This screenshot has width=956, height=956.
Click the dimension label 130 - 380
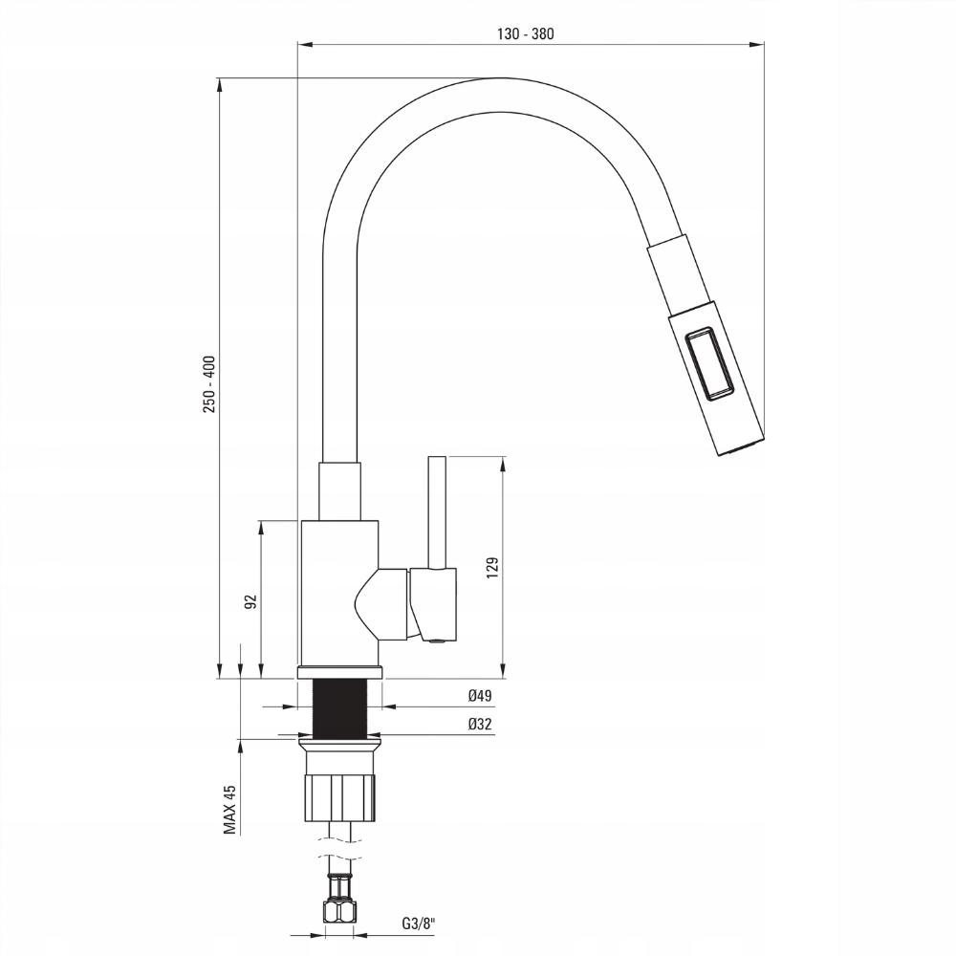click(525, 34)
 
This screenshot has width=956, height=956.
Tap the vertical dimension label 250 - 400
click(209, 384)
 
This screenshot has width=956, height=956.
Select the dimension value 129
click(492, 567)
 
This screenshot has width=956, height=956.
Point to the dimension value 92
click(250, 601)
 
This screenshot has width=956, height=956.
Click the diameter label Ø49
click(480, 696)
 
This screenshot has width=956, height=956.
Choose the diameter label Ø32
click(480, 725)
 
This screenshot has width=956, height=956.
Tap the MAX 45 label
click(229, 809)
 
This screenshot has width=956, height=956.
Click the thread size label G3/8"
click(419, 923)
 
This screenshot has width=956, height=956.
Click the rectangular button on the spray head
click(709, 364)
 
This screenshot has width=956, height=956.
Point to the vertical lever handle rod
click(437, 512)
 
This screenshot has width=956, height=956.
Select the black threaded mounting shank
click(340, 707)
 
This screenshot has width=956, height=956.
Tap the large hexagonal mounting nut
click(339, 797)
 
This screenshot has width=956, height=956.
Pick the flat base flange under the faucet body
click(339, 672)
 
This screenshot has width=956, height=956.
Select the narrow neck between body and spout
click(339, 491)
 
